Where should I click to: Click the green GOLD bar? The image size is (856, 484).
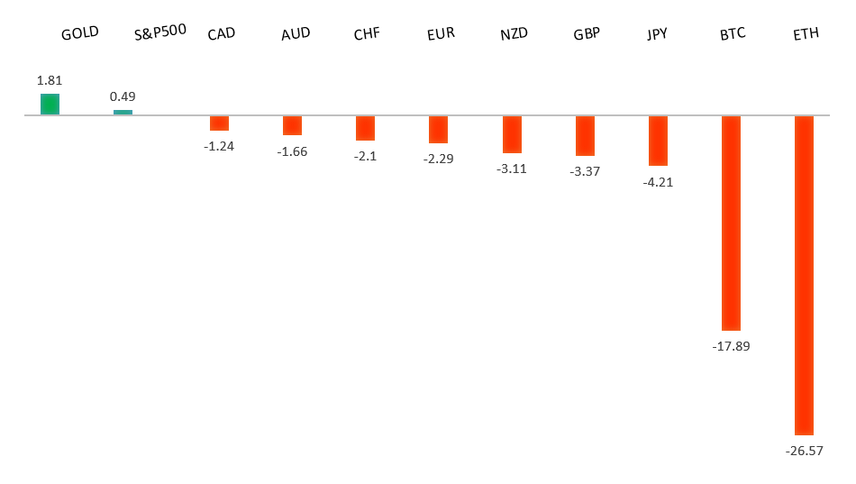[50, 105]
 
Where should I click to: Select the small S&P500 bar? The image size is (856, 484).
[123, 113]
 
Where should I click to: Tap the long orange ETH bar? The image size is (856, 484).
[804, 275]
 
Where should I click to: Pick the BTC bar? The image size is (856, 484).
[731, 223]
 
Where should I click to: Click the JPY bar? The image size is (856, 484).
[658, 141]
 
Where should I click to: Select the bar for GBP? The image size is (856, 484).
[585, 136]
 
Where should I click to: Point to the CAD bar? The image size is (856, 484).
[219, 123]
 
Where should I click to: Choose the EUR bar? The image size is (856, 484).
[438, 130]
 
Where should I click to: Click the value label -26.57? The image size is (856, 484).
[804, 451]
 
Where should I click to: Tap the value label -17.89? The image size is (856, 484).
[731, 346]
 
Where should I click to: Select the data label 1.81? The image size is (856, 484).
[50, 80]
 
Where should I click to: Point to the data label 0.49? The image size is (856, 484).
[123, 96]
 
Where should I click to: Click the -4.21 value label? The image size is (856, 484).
[658, 182]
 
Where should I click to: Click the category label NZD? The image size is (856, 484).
[514, 34]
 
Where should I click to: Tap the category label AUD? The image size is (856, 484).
[296, 34]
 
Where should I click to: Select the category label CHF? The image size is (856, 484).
[367, 34]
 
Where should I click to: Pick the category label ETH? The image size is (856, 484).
[806, 35]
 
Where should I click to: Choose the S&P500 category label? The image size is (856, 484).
[160, 32]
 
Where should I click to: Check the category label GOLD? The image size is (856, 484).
[80, 34]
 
